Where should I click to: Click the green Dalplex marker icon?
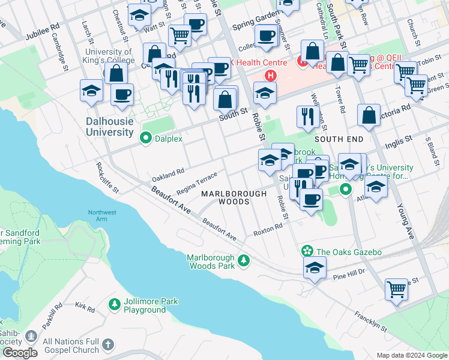[x=145, y=139]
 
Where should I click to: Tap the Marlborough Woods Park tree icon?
[x=243, y=260]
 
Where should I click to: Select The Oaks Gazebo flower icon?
[x=307, y=251]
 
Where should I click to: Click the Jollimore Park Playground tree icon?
[x=115, y=305]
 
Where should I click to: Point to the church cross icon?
[x=107, y=345]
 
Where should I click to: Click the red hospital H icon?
[x=271, y=76]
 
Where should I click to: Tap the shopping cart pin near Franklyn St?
[x=397, y=289]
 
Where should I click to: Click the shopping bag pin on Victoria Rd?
[x=369, y=115]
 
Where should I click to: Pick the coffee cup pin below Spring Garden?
[x=265, y=34]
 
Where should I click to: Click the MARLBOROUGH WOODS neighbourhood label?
[x=234, y=198]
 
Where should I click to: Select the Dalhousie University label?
[x=109, y=127]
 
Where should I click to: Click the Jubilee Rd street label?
[x=43, y=32]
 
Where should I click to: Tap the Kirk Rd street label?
[x=85, y=308]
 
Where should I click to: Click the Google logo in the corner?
[x=20, y=353]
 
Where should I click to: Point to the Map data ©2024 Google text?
[x=411, y=355]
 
